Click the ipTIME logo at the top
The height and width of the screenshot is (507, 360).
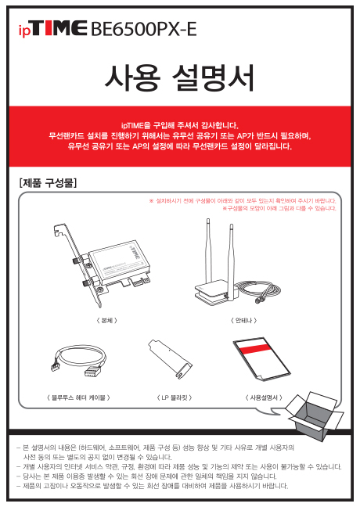53,29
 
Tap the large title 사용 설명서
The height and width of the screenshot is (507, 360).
180,78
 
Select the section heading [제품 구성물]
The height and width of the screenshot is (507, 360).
48,183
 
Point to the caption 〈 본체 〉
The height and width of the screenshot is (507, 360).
106,321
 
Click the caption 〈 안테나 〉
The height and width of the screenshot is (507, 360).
243,321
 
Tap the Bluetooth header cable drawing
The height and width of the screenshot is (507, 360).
79,361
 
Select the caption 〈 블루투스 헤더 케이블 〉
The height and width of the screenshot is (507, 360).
78,397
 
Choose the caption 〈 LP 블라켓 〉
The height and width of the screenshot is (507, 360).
175,397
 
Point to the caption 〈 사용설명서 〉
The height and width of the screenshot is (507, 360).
264,397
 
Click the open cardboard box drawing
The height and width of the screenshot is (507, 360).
315,416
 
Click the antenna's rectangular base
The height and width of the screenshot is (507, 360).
216,293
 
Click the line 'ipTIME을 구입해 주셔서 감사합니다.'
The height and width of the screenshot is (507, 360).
180,125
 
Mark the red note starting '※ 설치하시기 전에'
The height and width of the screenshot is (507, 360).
243,201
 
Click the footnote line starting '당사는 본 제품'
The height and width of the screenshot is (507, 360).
149,476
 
